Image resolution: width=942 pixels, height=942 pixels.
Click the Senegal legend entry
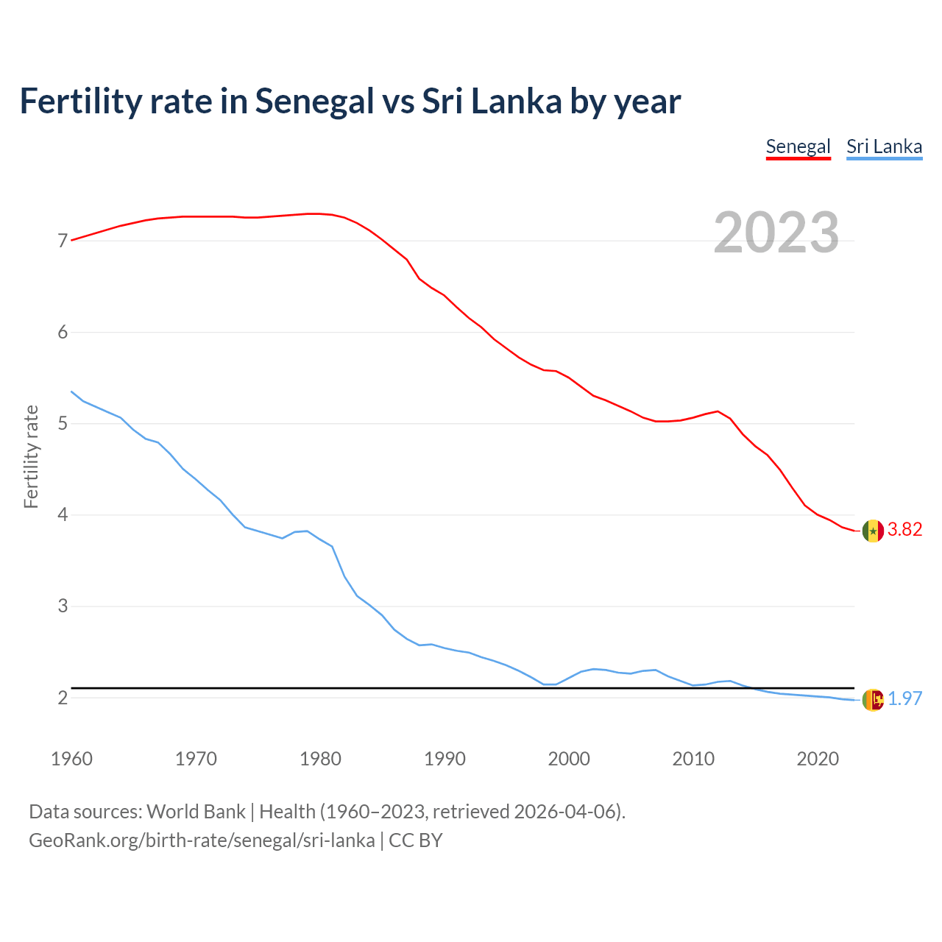798,146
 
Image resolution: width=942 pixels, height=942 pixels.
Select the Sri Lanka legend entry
884,146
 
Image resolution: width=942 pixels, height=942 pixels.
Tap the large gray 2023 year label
776,233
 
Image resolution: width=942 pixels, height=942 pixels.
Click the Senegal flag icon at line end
873,531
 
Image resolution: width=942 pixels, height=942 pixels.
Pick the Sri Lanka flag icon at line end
873,700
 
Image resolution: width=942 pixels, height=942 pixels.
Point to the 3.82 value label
904,530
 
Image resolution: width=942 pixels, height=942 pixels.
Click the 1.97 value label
904,699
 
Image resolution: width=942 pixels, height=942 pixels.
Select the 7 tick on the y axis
63,241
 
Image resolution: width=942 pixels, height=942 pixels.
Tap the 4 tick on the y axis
63,515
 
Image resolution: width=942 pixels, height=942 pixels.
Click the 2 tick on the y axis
63,698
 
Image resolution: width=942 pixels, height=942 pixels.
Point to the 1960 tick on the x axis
71,759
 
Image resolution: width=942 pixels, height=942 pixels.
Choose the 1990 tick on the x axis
445,759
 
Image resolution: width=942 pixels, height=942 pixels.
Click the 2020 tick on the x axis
818,759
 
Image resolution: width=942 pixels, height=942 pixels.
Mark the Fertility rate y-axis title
31,456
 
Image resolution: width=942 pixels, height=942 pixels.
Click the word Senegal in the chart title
314,102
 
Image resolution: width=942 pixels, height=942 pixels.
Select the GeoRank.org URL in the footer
202,840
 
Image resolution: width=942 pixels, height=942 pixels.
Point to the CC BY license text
416,840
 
